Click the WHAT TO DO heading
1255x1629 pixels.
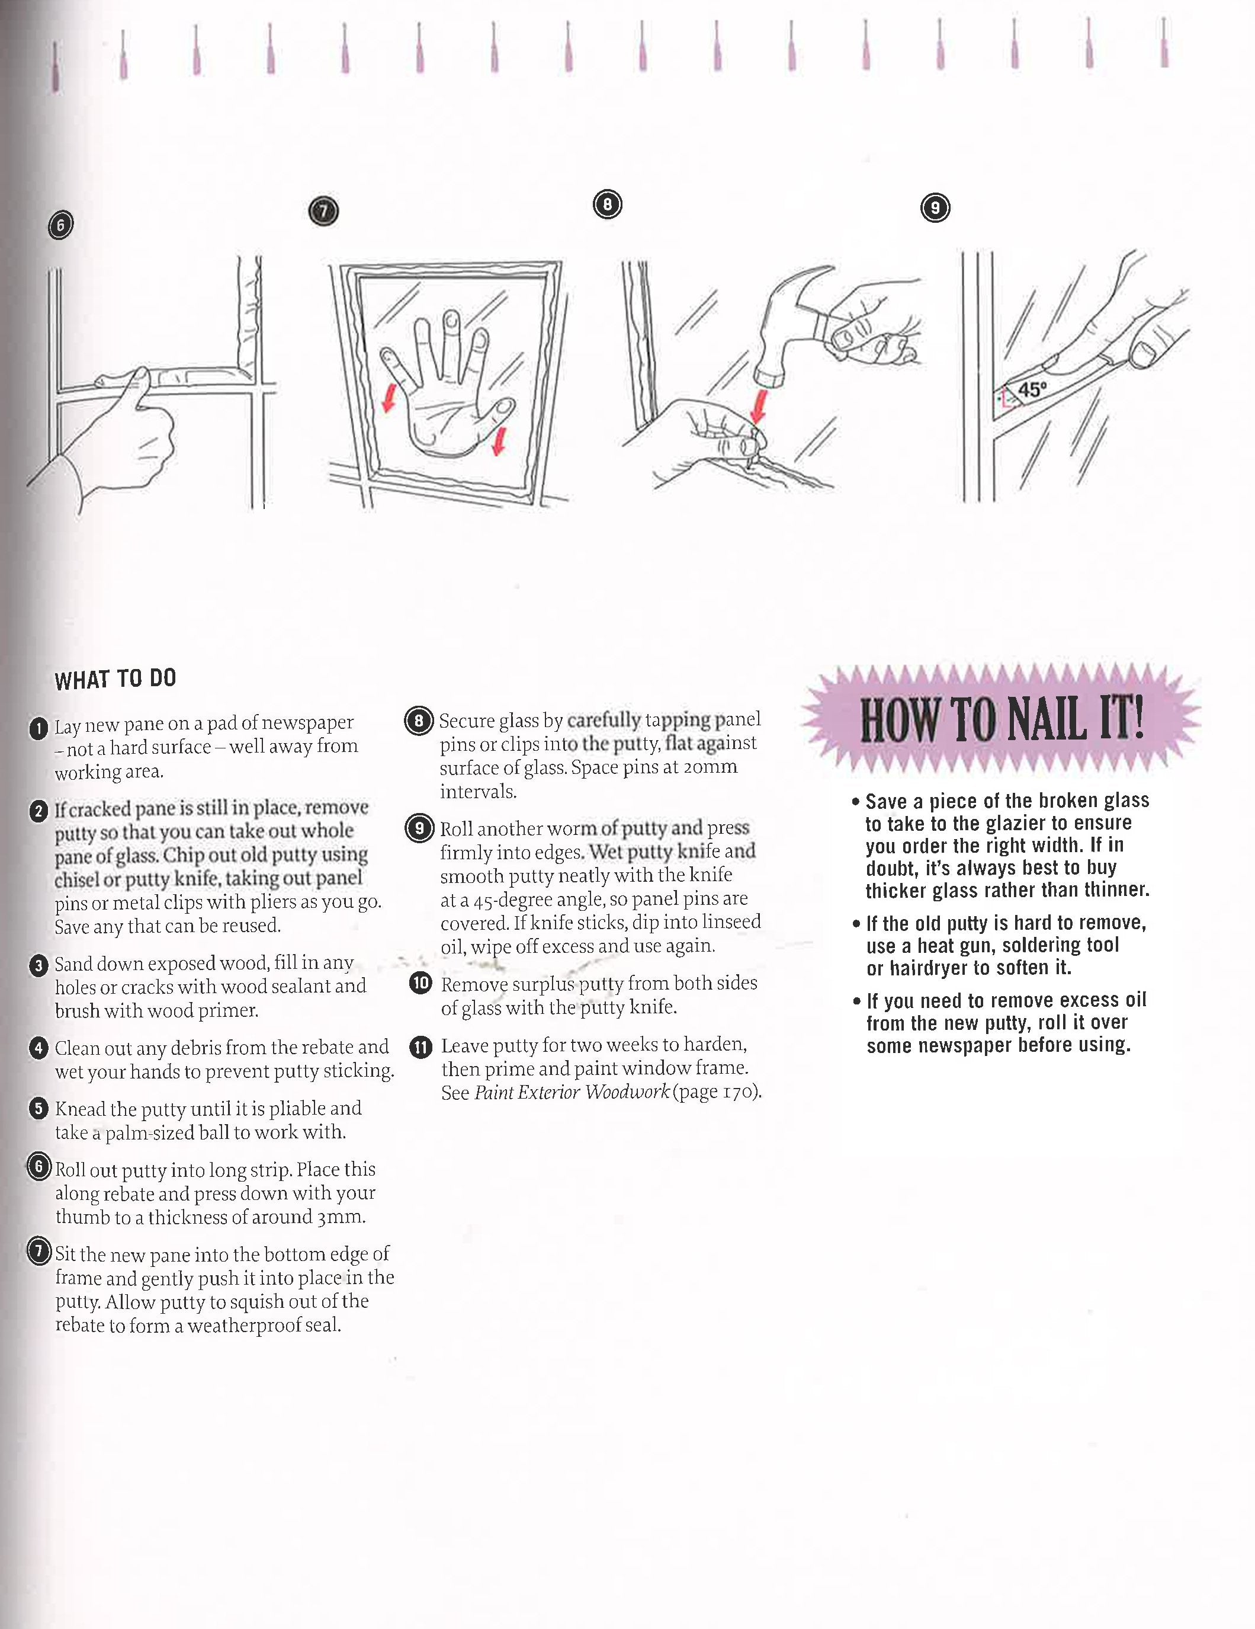coord(115,678)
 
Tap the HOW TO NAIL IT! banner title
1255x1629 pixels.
coord(1001,720)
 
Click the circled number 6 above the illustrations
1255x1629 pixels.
coord(60,225)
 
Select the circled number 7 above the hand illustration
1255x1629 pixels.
coord(323,212)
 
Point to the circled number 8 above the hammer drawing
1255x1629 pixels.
coord(607,204)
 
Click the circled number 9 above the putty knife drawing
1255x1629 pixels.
coord(935,207)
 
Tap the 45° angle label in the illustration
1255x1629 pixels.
coord(1033,389)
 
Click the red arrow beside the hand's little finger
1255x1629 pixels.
coord(389,401)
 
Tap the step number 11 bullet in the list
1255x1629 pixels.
coord(421,1047)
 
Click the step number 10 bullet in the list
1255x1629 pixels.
coord(421,983)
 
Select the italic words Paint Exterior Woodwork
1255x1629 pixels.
coord(572,1092)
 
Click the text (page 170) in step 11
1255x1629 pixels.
coord(717,1092)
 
